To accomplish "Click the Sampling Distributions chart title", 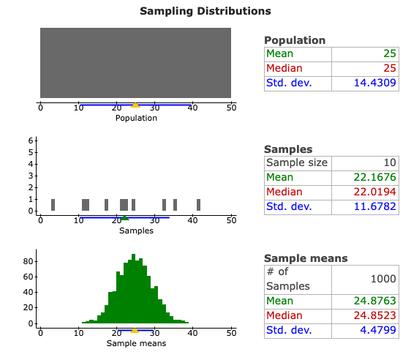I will pos(205,11).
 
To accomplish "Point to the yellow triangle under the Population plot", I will pos(135,105).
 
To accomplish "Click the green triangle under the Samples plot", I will pos(124,217).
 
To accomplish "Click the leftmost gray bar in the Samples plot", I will pos(53,205).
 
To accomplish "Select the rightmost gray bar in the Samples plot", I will pos(198,205).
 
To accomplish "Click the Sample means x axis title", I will pos(136,343).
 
